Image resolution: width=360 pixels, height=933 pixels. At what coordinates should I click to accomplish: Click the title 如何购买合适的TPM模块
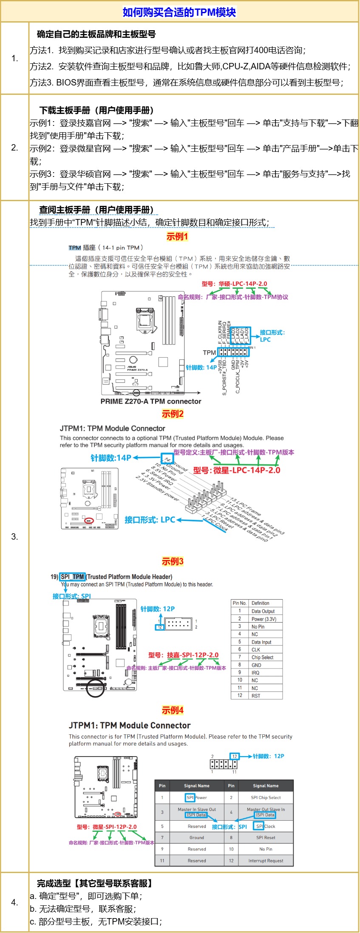179,12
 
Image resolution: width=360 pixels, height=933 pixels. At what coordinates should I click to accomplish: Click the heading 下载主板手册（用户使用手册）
96,110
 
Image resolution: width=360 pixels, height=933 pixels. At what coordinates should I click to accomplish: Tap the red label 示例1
177,236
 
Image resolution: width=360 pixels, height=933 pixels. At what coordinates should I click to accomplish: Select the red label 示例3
172,561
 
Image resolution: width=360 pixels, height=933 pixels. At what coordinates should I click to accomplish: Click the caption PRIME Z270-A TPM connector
151,401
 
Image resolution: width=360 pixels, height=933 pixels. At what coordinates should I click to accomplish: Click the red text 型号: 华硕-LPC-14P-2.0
234,284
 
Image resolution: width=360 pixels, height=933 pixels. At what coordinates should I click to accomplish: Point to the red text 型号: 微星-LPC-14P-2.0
237,470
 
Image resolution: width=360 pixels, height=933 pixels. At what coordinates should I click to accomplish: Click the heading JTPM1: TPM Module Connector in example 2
112,428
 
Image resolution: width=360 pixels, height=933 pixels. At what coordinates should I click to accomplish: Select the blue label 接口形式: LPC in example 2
150,520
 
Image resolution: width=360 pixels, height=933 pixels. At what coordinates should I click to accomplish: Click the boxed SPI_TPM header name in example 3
73,577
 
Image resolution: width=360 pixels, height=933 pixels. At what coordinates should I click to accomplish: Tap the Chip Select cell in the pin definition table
262,657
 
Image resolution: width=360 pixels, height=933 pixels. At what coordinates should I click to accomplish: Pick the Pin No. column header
240,603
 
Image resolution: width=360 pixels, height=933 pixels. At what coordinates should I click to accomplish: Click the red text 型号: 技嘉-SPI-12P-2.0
183,655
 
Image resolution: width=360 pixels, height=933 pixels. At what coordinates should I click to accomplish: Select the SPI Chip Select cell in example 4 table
266,798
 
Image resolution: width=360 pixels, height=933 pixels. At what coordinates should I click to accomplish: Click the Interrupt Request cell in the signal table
266,861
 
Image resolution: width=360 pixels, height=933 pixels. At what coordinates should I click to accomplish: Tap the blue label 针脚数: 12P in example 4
268,756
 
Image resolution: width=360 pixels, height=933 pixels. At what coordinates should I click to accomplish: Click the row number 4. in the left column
14,902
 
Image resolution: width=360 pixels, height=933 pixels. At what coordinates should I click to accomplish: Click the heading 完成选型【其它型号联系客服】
94,883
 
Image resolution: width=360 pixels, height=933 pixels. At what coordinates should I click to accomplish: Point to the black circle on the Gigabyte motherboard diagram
96,688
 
